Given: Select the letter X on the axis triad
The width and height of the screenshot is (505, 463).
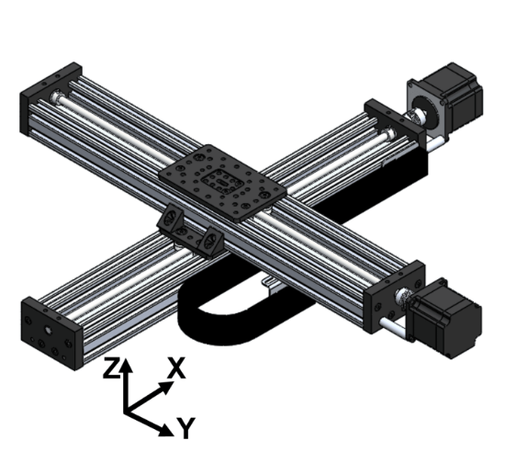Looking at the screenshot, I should (177, 368).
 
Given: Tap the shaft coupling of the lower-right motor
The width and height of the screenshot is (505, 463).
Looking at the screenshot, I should (401, 299).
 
